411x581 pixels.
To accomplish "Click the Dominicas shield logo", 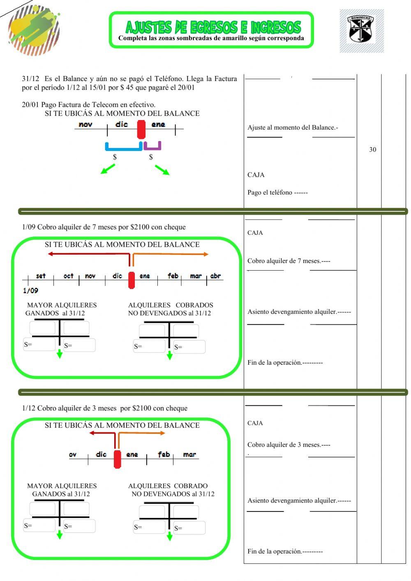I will click(x=361, y=30).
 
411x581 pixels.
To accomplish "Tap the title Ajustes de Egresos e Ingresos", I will click(x=213, y=28).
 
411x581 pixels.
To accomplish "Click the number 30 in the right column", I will click(x=372, y=150).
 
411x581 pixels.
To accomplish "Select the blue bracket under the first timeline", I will click(x=123, y=147).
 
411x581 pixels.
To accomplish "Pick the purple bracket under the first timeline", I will click(x=152, y=146).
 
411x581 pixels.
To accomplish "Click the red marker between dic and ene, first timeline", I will click(x=141, y=129).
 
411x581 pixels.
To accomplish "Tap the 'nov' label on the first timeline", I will click(x=85, y=125).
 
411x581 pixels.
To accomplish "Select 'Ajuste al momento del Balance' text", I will click(x=293, y=127).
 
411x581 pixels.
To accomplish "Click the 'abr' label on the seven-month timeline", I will click(x=215, y=276).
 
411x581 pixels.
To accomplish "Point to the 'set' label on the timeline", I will click(x=41, y=276).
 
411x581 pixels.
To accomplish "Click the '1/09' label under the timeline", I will click(x=30, y=291).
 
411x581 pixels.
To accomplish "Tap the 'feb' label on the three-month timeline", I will click(x=164, y=454).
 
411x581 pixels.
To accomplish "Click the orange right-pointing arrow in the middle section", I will click(x=171, y=255).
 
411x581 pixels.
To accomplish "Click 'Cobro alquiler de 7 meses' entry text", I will click(x=289, y=261).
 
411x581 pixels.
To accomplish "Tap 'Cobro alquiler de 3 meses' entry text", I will click(x=289, y=445).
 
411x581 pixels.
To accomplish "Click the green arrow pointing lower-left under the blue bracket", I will click(x=108, y=169).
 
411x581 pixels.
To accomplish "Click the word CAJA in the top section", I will click(x=256, y=175).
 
